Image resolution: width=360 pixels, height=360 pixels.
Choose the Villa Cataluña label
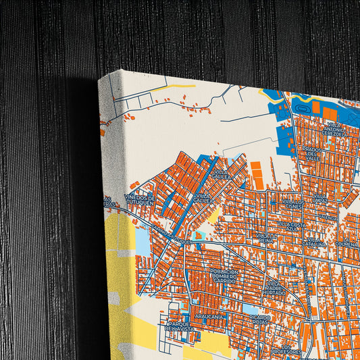tap(315, 241)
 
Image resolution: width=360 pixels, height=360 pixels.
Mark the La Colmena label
tap(346, 241)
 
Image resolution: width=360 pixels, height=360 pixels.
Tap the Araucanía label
tap(209, 315)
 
